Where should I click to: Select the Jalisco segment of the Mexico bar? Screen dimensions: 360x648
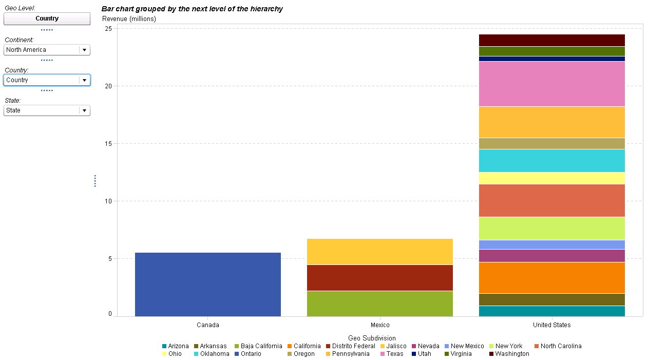point(379,252)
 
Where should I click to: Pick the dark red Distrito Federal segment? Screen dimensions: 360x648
point(379,277)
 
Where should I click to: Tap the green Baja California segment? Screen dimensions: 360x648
point(379,303)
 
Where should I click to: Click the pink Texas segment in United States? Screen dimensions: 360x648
point(551,84)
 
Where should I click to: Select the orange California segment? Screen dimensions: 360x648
point(551,277)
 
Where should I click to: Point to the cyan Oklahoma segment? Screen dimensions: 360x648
point(551,160)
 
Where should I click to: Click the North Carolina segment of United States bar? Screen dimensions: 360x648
point(551,200)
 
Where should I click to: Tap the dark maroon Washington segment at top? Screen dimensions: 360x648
point(551,40)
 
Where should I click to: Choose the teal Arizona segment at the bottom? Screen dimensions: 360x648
point(551,311)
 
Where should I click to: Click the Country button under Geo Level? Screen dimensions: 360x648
point(47,18)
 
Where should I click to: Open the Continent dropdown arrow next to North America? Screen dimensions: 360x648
point(84,50)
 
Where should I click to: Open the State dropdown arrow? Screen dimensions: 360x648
point(84,110)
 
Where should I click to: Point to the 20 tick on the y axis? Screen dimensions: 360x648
point(108,86)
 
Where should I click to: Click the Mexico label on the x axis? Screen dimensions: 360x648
point(380,325)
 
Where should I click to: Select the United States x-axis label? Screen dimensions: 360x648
point(551,325)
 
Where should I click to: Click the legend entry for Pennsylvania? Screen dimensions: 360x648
point(350,354)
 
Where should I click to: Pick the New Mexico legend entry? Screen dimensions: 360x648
point(467,346)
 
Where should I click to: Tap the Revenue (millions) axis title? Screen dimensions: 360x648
point(129,19)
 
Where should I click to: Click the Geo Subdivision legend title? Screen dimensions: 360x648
point(372,338)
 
